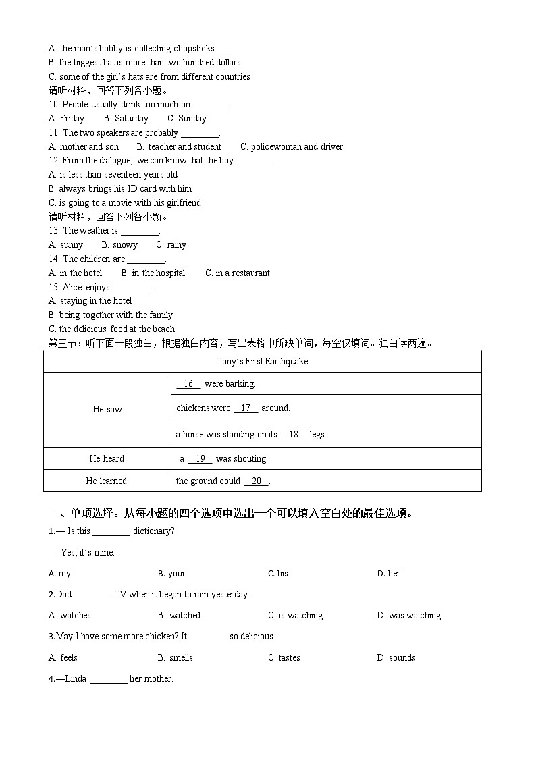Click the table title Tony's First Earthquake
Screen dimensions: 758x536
point(262,361)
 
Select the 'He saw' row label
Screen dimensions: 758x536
point(107,409)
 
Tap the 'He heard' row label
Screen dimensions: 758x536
point(107,458)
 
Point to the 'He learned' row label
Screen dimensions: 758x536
point(107,481)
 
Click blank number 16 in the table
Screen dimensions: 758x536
point(188,383)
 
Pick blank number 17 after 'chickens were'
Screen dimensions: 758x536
point(246,408)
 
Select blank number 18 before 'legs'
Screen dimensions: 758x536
point(294,434)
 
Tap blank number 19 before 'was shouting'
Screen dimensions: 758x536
point(200,458)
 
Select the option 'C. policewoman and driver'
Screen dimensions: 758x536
point(292,146)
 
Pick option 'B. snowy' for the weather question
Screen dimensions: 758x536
point(119,244)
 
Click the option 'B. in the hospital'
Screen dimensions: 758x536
point(153,273)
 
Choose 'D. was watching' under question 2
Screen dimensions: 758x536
point(408,615)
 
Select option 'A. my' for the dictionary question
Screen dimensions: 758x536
point(60,573)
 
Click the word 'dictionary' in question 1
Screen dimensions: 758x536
point(153,531)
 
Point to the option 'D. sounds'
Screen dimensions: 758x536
point(396,657)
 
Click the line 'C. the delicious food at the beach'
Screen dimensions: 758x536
point(112,329)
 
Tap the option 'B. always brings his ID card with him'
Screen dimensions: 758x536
point(120,188)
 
